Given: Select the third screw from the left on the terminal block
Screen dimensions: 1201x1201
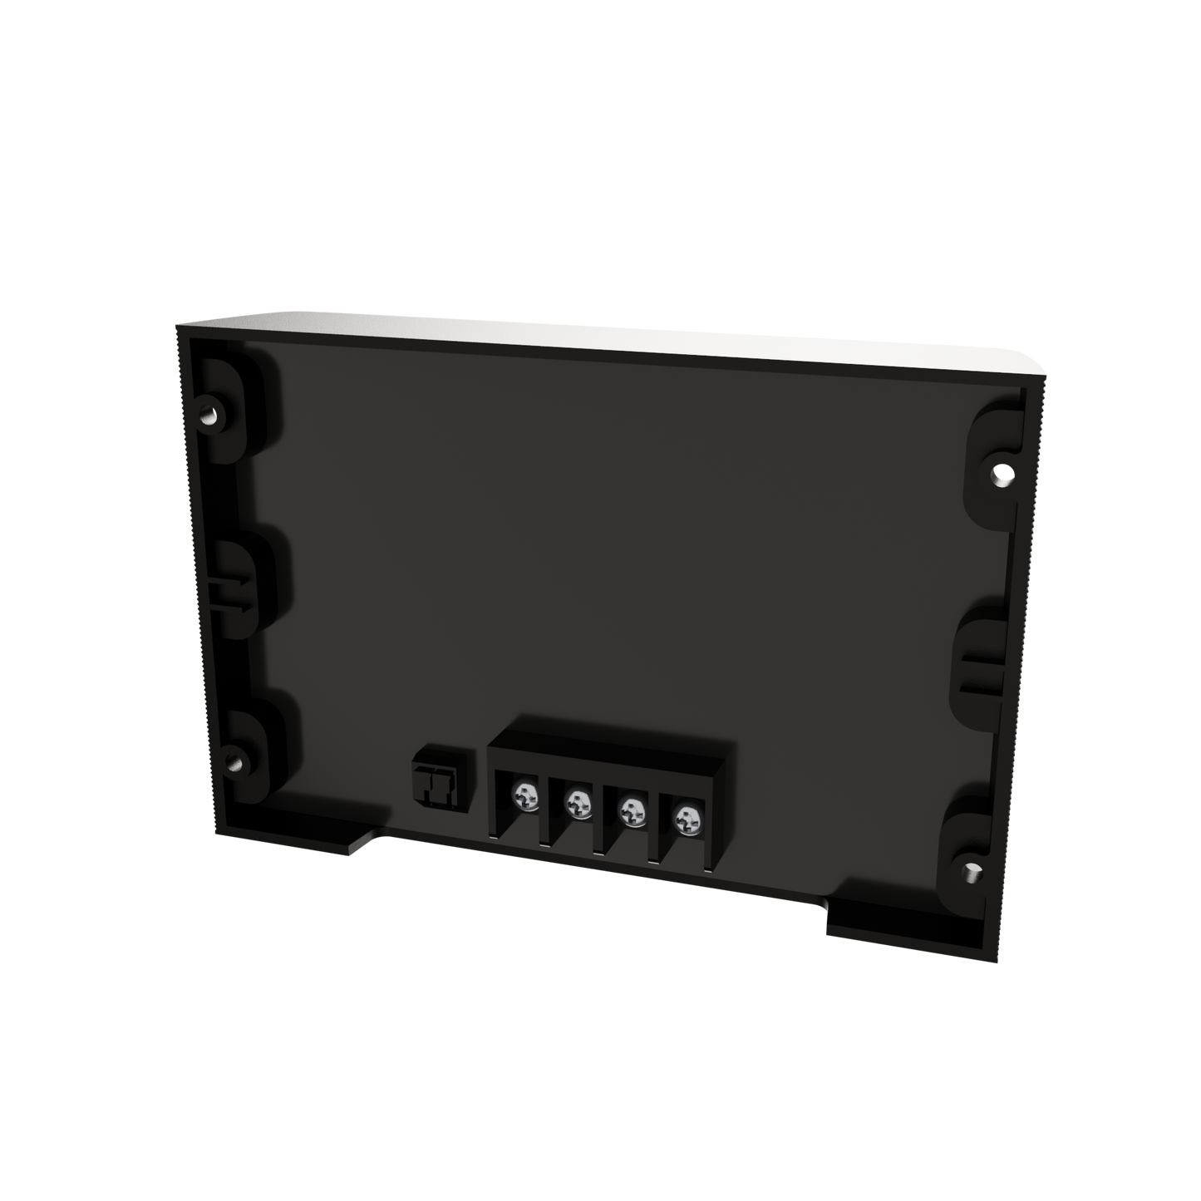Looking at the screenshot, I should tap(632, 809).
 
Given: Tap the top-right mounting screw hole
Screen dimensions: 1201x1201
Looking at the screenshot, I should tap(1003, 472).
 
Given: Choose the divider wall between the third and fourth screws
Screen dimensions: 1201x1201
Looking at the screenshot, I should tap(658, 831).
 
